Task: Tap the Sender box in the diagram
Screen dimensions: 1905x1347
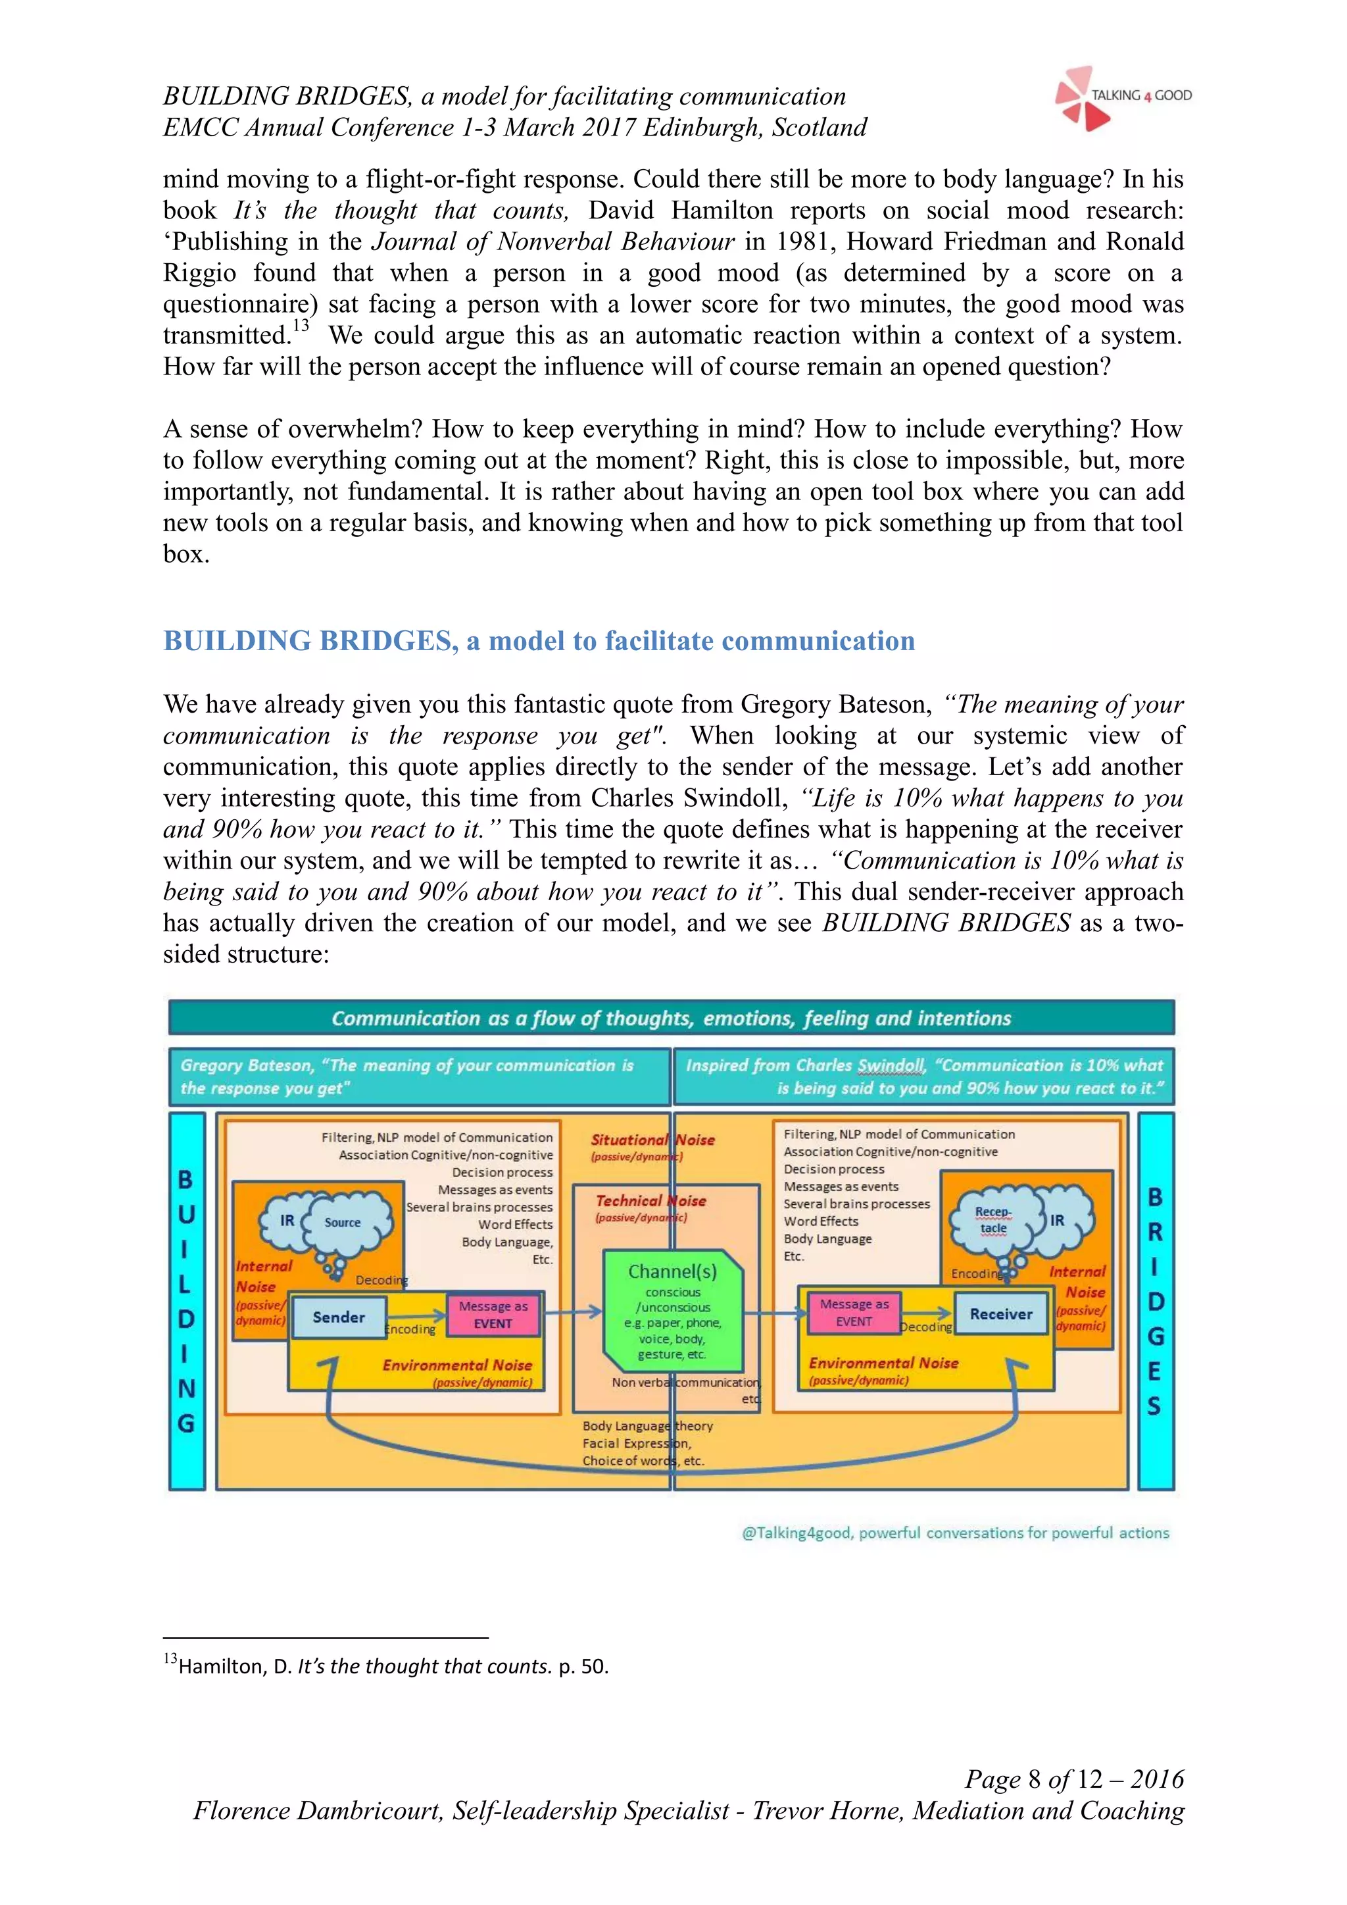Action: coord(339,1317)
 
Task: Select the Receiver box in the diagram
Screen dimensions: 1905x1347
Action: coord(1000,1313)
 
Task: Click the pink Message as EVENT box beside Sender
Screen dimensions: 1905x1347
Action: coord(493,1314)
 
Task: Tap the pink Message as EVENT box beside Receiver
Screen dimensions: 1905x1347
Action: coord(854,1311)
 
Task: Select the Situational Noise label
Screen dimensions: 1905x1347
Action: coord(652,1140)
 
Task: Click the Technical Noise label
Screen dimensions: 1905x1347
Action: coord(650,1201)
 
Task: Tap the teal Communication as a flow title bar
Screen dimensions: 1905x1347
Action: coord(671,1018)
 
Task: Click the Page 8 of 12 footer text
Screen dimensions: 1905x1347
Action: coord(1073,1778)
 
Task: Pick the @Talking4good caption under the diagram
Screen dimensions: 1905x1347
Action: coord(955,1533)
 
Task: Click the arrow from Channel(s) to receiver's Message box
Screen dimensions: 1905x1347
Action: coord(775,1313)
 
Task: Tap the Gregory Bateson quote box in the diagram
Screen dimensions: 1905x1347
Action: coord(419,1076)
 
